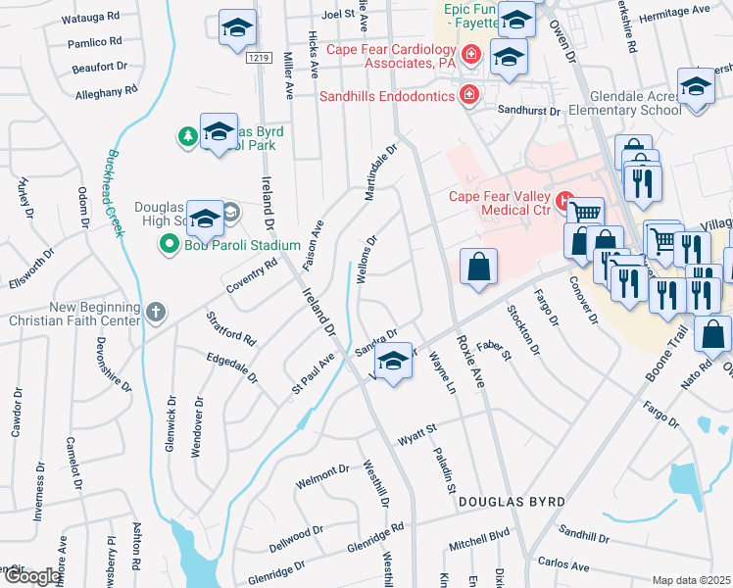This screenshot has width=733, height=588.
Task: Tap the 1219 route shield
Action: point(258,59)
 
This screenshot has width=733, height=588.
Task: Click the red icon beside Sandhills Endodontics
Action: point(468,95)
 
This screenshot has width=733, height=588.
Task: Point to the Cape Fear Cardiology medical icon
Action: point(471,54)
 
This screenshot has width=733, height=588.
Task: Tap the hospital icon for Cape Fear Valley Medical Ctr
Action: point(564,203)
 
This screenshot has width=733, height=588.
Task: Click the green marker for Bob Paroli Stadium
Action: point(170,245)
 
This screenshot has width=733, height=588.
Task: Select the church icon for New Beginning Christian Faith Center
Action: point(155,312)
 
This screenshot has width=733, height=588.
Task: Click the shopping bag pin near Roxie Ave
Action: point(478,267)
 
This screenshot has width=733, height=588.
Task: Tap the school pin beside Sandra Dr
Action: point(394,363)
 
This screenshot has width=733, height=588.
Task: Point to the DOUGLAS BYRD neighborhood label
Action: point(513,502)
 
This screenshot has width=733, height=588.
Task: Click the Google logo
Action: point(31,576)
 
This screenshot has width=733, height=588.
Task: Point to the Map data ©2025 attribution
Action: point(691,580)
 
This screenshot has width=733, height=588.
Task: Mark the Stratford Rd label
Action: point(231,328)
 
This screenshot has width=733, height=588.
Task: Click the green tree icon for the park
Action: point(187,136)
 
